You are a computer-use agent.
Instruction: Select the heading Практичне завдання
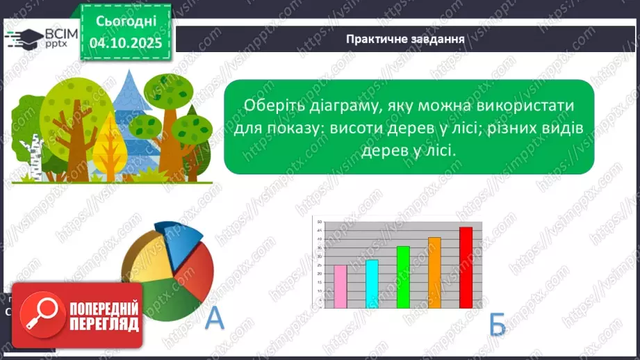pyautogui.click(x=405, y=38)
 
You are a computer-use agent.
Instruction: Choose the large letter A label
pyautogui.click(x=215, y=318)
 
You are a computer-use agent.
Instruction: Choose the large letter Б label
pyautogui.click(x=498, y=324)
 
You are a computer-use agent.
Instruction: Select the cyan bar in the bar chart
pyautogui.click(x=372, y=284)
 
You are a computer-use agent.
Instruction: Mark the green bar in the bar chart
pyautogui.click(x=403, y=277)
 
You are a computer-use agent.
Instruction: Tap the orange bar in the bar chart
pyautogui.click(x=434, y=272)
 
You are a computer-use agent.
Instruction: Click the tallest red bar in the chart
pyautogui.click(x=466, y=268)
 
